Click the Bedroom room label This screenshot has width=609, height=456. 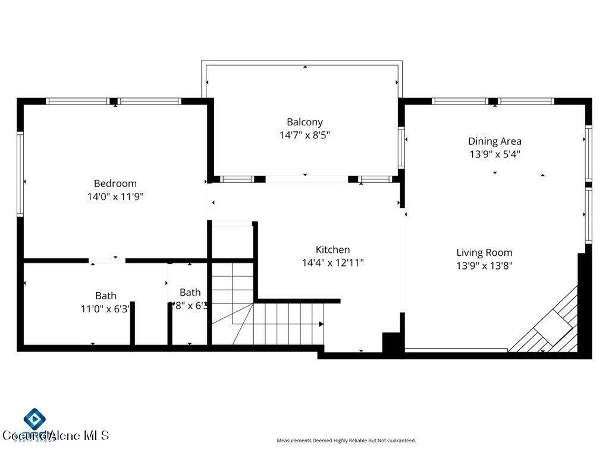tap(115, 183)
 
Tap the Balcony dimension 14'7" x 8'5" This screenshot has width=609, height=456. tap(304, 135)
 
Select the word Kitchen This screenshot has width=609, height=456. tap(332, 249)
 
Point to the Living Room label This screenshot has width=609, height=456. tap(484, 252)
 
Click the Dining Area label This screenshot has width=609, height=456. tap(494, 141)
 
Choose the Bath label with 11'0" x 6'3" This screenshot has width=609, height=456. tap(106, 295)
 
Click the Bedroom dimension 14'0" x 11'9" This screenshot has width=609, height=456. tap(115, 197)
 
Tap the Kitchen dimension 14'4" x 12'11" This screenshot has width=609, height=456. tap(332, 262)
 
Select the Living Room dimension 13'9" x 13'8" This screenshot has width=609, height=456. tap(484, 265)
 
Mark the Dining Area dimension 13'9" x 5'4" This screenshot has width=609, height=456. tap(494, 154)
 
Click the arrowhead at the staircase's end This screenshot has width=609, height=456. tap(321, 324)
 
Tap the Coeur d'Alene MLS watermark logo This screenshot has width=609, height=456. tap(36, 422)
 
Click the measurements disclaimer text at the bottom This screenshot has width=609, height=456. tap(346, 441)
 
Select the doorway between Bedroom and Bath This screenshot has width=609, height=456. tap(107, 260)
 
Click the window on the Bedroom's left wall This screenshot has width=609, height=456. tap(20, 173)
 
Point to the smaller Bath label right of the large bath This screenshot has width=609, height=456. tap(190, 292)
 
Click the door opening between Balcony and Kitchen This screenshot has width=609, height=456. tap(306, 179)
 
